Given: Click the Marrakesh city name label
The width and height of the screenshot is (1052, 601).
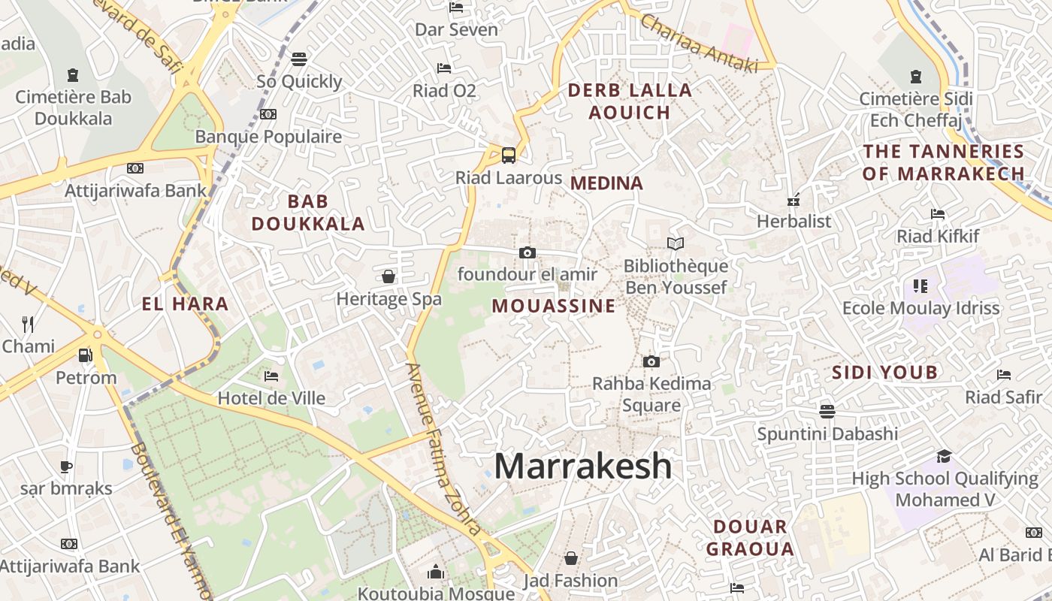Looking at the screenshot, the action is [x=582, y=466].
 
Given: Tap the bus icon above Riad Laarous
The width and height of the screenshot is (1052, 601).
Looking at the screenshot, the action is [x=509, y=156].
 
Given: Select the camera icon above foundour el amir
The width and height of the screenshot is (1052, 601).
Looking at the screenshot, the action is [x=528, y=252].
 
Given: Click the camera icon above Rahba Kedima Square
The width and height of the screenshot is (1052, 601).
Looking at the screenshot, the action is [x=651, y=361].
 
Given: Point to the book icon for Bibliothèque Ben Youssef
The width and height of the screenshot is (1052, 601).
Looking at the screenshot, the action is [x=676, y=243].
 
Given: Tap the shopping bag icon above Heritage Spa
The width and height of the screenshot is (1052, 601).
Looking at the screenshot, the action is [x=388, y=276].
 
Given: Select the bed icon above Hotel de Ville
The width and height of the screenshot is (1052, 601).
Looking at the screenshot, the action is [x=271, y=376].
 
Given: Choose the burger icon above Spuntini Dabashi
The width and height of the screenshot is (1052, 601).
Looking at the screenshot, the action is [x=827, y=411].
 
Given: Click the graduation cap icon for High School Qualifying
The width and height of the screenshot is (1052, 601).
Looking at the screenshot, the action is [x=944, y=456].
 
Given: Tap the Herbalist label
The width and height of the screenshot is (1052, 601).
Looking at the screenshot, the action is [x=794, y=222].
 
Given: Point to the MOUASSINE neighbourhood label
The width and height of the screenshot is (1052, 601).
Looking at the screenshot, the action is [x=554, y=306].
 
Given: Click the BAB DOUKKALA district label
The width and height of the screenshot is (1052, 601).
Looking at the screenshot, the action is [x=308, y=213].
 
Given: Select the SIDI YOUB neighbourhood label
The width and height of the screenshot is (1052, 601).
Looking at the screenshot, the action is [x=885, y=372].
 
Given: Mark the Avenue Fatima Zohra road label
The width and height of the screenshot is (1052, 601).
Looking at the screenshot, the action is [x=443, y=448].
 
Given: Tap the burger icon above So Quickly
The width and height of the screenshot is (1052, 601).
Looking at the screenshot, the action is [x=299, y=59].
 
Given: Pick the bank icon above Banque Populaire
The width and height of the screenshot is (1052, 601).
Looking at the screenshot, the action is [x=268, y=114].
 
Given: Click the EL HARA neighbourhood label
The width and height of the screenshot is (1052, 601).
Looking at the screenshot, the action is [x=185, y=304].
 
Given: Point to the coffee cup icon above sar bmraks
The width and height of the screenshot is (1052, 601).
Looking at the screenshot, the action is [x=66, y=467].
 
